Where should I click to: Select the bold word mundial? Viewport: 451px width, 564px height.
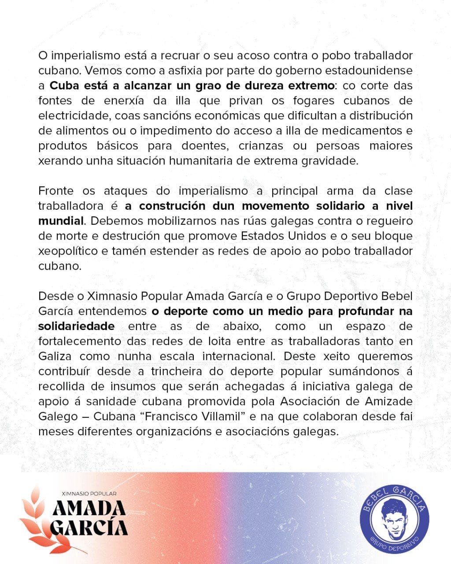click(x=60, y=221)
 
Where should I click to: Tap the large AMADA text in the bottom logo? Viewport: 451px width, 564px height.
click(x=89, y=509)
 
